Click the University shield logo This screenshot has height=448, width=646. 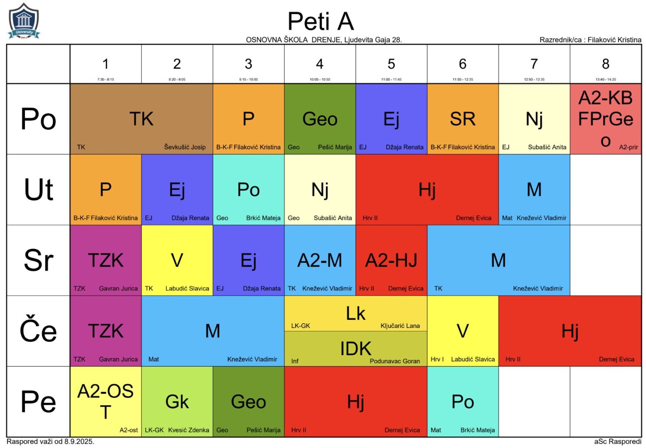pos(24,21)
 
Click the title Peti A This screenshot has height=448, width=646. pos(321,22)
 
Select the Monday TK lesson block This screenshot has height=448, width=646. pos(141,119)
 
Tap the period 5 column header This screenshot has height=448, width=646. pos(391,64)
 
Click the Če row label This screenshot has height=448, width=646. pos(38,331)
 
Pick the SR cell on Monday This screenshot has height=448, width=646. pos(463,119)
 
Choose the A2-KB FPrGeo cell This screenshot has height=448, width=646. pos(605,119)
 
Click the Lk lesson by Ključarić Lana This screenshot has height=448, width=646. pos(356,314)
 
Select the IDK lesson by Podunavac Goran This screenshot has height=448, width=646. pos(356,349)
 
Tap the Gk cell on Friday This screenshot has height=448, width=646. pos(177,402)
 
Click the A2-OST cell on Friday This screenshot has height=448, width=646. pos(106,402)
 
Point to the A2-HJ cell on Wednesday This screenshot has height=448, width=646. pos(391,261)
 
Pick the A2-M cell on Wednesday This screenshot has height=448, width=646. pos(320,261)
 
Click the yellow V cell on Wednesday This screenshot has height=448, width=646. pos(177,261)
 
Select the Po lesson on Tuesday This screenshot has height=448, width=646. pos(248,190)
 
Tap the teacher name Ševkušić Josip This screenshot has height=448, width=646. pos(185,147)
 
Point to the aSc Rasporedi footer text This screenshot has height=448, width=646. pos(617,442)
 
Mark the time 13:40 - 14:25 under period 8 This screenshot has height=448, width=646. pos(605,79)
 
